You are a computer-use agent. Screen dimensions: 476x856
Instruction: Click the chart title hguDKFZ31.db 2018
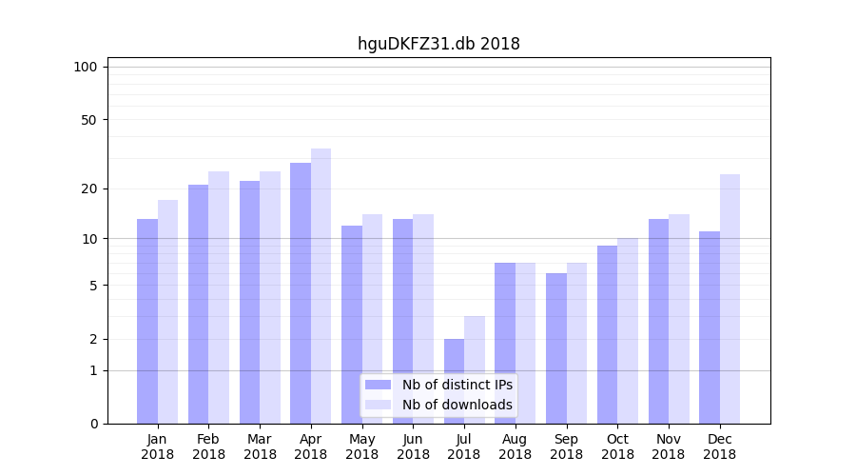point(438,44)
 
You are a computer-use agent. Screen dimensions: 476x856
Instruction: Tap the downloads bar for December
point(730,299)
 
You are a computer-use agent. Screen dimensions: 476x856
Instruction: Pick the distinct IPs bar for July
point(454,381)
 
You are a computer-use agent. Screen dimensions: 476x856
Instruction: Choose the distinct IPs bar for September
point(556,348)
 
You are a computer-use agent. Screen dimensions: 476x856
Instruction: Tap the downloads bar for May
point(372,319)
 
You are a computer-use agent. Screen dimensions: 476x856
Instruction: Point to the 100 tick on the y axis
point(86,67)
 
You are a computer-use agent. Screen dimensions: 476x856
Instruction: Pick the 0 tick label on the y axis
point(93,424)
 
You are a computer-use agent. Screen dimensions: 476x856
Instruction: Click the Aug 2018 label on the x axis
point(516,446)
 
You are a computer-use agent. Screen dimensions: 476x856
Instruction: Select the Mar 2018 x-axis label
point(260,446)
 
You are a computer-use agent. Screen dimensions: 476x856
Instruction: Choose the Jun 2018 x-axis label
point(413,446)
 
